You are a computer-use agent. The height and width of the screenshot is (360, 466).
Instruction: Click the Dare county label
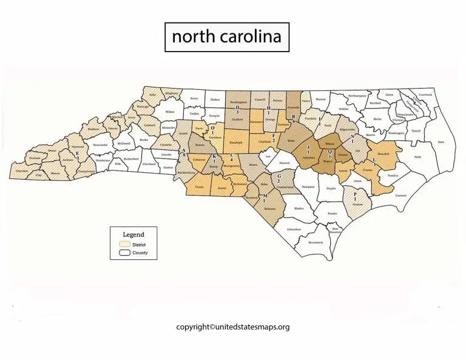[x=441, y=141]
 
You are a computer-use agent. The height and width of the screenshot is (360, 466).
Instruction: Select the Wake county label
[x=290, y=141]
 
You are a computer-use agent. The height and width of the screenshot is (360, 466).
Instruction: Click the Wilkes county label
[x=170, y=112]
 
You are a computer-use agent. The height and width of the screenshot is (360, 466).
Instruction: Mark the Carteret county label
[x=401, y=195]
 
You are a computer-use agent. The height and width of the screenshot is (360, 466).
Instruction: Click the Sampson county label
[x=308, y=187]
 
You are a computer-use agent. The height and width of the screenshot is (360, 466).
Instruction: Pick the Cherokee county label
[x=21, y=171]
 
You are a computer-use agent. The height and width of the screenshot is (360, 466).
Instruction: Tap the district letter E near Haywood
[x=77, y=153]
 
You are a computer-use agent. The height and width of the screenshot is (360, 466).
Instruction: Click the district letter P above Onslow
[x=354, y=195]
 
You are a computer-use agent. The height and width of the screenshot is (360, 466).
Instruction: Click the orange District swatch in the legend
[x=126, y=244]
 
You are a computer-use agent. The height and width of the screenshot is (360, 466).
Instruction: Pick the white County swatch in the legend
[x=126, y=252]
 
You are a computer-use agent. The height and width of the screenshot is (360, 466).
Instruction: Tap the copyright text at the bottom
[x=232, y=326]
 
